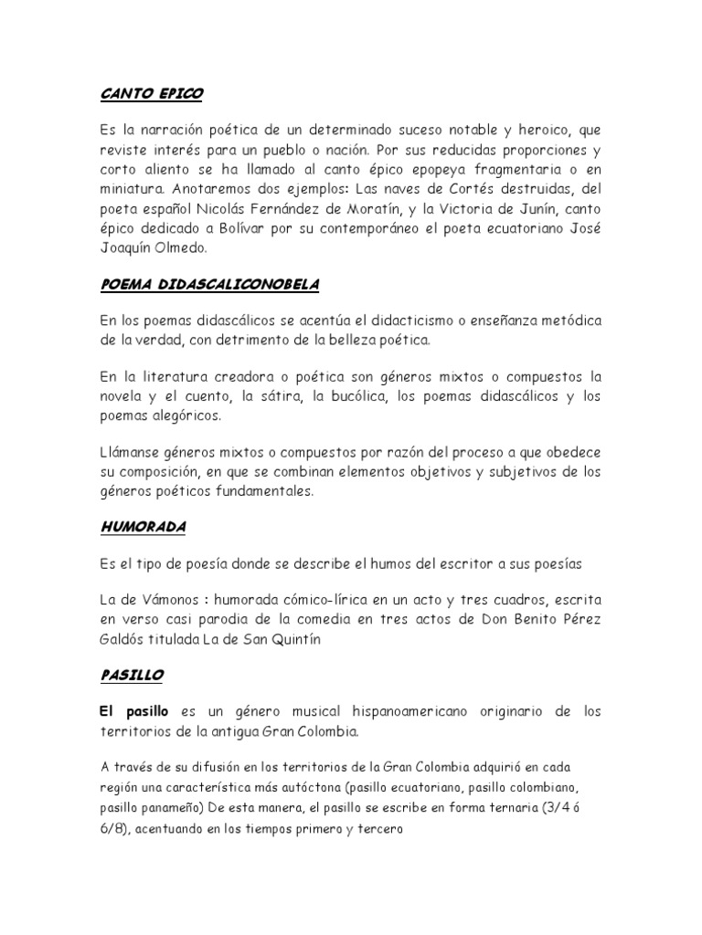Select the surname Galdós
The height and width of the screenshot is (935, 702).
122,640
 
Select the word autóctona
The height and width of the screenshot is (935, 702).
339,785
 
